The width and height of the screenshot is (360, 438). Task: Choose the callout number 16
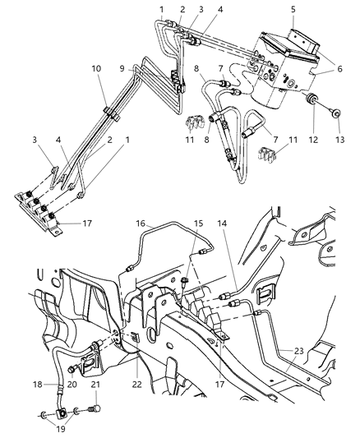[x=141, y=224]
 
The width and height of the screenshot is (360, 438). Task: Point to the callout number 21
[x=95, y=385]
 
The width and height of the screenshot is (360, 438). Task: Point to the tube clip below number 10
[x=108, y=110]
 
